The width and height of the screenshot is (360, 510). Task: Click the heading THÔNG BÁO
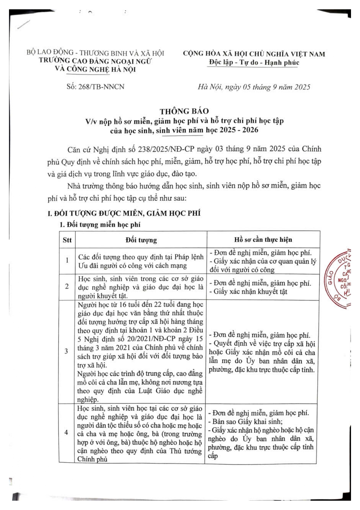[x=184, y=111]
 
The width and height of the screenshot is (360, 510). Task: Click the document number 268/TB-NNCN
[x=101, y=87]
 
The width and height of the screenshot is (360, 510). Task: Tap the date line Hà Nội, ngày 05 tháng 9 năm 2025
[x=254, y=87]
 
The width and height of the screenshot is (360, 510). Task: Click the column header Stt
[x=67, y=240]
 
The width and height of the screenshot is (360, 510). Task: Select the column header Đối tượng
[x=141, y=240]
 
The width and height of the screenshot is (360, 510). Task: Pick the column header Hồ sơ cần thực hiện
[x=263, y=240]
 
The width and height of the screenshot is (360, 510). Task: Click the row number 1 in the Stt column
[x=67, y=260]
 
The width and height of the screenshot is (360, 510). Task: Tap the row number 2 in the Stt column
[x=67, y=287]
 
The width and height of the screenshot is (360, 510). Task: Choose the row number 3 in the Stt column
[x=66, y=351]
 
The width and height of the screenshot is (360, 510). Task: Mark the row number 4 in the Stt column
[x=66, y=432]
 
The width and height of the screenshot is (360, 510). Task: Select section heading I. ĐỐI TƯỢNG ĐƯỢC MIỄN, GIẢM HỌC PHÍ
[x=124, y=213]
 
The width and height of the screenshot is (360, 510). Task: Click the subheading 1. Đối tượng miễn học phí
[x=100, y=225]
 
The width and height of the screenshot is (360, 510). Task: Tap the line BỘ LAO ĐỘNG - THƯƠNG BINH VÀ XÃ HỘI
[x=95, y=53]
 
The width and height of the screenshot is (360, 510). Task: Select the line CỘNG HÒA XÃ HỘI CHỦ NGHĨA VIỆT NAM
[x=254, y=54]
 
